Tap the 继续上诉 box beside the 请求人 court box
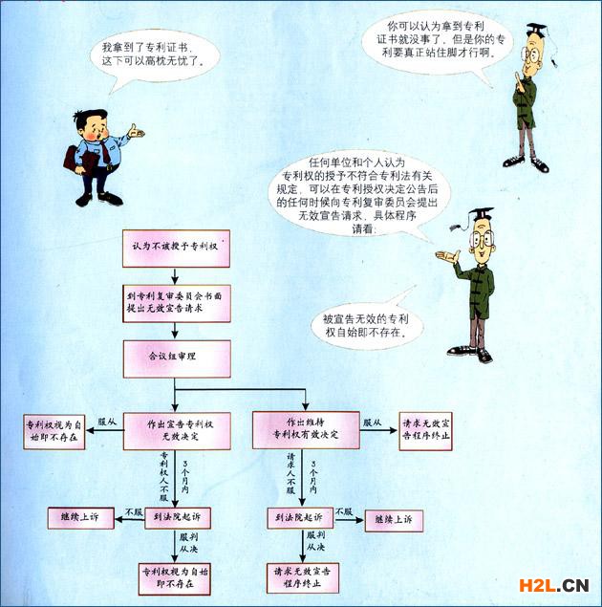coord(393,517)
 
